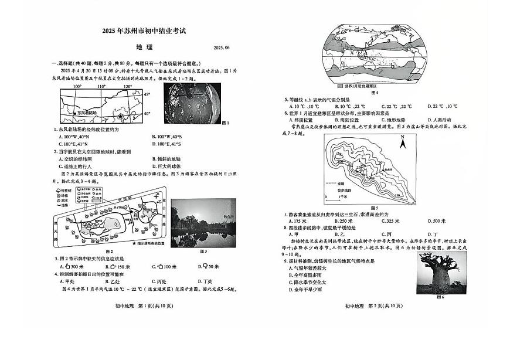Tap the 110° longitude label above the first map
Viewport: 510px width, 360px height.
[x=101, y=87]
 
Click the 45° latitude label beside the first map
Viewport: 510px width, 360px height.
[x=147, y=94]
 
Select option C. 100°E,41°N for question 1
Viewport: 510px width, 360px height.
[x=74, y=144]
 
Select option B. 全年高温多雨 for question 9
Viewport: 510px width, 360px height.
[x=306, y=274]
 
